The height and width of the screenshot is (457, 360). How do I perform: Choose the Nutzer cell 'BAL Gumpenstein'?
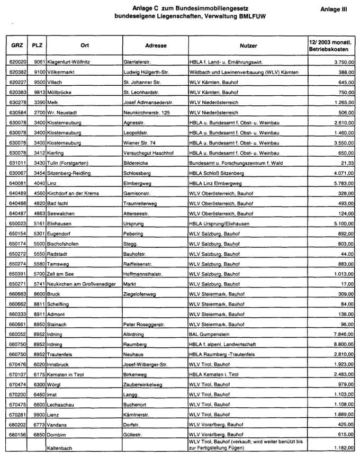pyautogui.click(x=209, y=335)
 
